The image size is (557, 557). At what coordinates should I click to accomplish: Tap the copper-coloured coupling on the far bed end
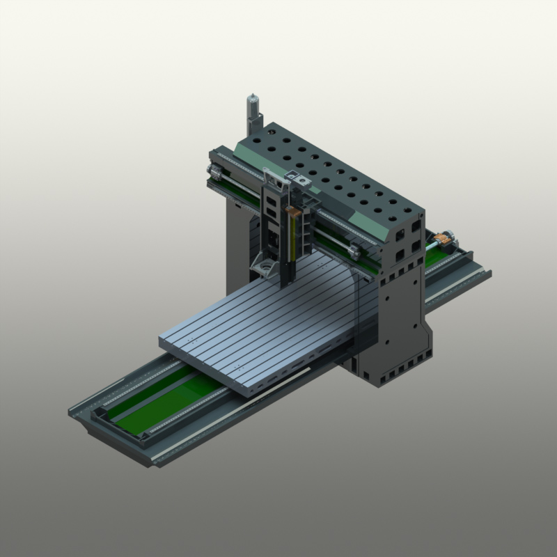(x=440, y=241)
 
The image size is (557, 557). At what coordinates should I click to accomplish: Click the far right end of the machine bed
(x=480, y=268)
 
